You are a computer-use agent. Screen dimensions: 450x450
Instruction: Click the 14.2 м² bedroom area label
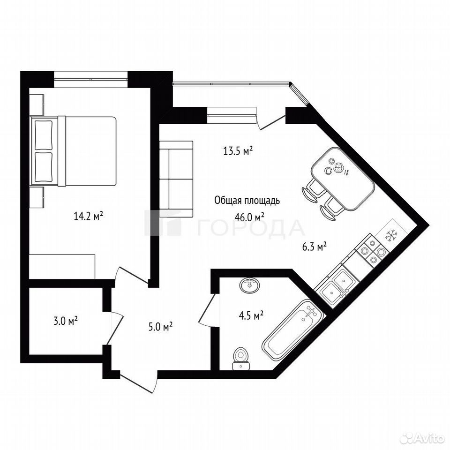pyautogui.click(x=89, y=216)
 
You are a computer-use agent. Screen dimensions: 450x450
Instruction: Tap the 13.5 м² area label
pyautogui.click(x=238, y=150)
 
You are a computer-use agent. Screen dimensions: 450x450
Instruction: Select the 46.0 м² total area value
pyautogui.click(x=249, y=217)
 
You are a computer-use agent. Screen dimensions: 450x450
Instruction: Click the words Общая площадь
pyautogui.click(x=247, y=201)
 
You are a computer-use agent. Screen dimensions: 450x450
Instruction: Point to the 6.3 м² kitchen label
pyautogui.click(x=315, y=247)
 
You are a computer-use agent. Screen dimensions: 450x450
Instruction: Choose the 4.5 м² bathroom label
pyautogui.click(x=251, y=315)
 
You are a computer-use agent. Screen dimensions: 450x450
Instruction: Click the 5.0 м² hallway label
pyautogui.click(x=160, y=327)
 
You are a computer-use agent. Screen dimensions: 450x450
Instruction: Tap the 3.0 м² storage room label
pyautogui.click(x=66, y=321)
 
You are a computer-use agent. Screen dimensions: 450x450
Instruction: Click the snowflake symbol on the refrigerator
pyautogui.click(x=390, y=235)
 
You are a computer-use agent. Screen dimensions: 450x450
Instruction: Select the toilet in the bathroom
pyautogui.click(x=241, y=359)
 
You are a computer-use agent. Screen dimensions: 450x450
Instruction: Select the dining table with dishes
pyautogui.click(x=343, y=178)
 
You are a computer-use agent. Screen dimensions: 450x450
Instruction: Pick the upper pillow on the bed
pyautogui.click(x=44, y=135)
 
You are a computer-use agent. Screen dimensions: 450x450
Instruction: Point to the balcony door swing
pyautogui.click(x=272, y=122)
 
